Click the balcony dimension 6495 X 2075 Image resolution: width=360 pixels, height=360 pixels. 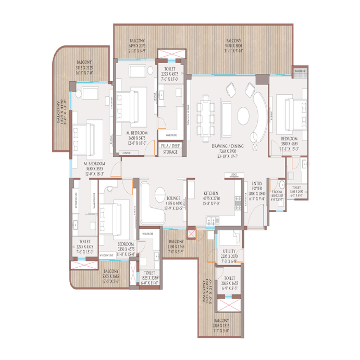click(138, 47)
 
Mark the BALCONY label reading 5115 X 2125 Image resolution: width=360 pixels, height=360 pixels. click(84, 70)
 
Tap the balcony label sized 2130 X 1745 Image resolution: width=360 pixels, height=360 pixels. click(177, 245)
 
